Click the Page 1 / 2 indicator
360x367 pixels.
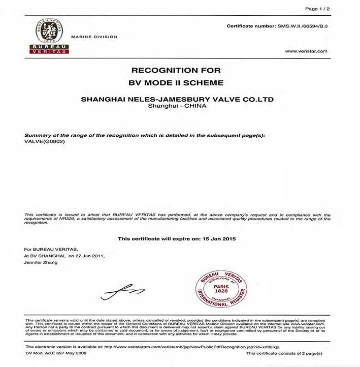point(317,9)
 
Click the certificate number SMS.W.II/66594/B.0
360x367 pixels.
point(303,25)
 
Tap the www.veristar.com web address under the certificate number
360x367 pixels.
point(306,51)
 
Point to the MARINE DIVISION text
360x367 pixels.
point(94,37)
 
